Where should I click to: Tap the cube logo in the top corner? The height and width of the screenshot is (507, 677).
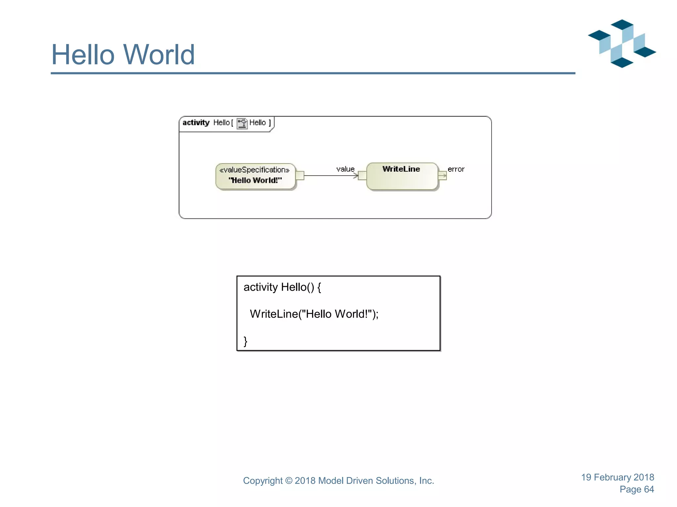(622, 44)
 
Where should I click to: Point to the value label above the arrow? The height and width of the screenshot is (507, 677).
(345, 169)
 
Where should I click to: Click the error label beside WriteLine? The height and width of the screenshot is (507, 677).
(456, 169)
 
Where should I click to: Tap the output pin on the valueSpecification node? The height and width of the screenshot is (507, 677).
(300, 175)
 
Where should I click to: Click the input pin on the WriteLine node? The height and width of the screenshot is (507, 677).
(362, 175)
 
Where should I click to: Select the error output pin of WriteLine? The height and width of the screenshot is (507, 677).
(442, 175)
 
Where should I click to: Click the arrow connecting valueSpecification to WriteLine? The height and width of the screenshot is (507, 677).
(331, 176)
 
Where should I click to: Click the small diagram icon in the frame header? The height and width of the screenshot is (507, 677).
(242, 123)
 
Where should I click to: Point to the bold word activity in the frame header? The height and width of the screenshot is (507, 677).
(196, 123)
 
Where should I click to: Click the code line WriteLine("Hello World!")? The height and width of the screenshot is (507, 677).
(314, 314)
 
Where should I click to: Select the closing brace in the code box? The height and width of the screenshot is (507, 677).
(245, 341)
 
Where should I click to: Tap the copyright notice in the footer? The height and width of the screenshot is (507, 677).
(338, 481)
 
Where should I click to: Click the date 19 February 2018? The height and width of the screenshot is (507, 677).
(617, 477)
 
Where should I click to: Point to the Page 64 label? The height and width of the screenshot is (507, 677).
(637, 489)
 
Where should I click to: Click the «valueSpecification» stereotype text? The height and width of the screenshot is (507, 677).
(255, 170)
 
